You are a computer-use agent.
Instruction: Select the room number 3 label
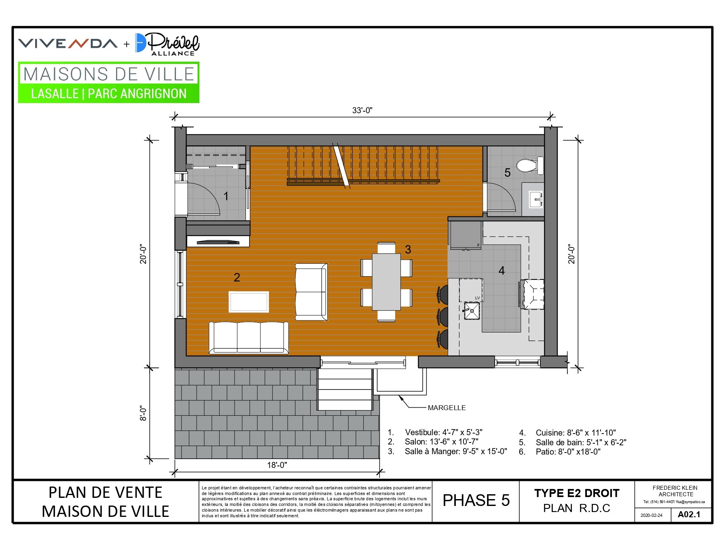click(408, 250)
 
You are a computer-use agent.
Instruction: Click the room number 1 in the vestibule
click(226, 196)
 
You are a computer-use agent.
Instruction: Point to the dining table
click(386, 281)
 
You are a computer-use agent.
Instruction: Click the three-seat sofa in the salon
click(249, 338)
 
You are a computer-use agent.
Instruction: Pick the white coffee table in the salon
click(249, 302)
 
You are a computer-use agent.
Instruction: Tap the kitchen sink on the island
click(472, 311)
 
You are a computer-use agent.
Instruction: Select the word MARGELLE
click(447, 408)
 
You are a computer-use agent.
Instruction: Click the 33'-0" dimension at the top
click(362, 110)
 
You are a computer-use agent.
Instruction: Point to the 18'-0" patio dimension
click(277, 465)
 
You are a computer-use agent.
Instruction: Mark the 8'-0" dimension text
click(144, 413)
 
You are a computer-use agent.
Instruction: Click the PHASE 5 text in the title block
click(476, 500)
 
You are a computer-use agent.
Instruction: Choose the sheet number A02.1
click(689, 514)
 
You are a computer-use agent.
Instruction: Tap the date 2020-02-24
click(651, 515)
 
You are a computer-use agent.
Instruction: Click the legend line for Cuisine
click(567, 433)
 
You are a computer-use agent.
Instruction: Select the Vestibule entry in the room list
click(435, 432)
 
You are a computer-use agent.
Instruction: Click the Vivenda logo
click(68, 43)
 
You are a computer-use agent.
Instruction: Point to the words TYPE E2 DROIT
click(577, 493)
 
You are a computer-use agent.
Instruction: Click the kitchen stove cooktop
click(532, 294)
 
